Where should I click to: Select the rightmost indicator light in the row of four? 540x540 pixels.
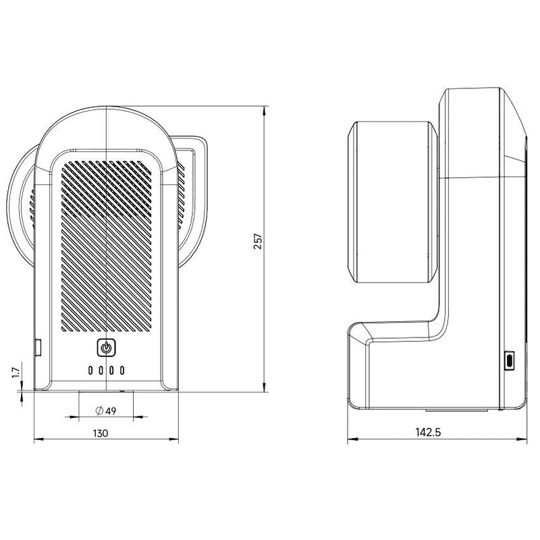[x=122, y=370]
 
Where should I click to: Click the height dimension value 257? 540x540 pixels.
[x=257, y=241]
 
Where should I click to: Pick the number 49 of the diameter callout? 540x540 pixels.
[x=110, y=410]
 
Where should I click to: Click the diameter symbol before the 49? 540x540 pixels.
[x=99, y=410]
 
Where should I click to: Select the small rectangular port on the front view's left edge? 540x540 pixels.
[x=38, y=348]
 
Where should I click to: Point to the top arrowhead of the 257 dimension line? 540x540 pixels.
[x=264, y=109]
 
